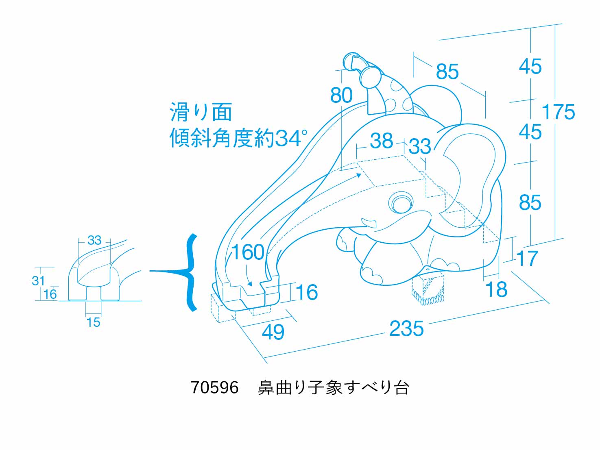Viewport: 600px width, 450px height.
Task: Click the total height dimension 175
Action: click(558, 112)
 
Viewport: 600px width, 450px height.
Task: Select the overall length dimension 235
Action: click(406, 328)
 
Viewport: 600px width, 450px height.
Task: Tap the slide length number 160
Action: click(248, 252)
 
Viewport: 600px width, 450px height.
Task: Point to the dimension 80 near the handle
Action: click(341, 96)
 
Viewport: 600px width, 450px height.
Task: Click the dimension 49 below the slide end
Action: click(273, 332)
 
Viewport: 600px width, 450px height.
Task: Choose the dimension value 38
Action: click(382, 141)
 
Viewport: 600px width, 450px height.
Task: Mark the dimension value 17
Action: click(527, 259)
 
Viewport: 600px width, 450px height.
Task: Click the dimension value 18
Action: click(496, 289)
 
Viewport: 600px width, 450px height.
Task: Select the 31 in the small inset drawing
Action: click(38, 280)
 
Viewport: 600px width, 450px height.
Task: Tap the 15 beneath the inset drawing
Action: click(93, 322)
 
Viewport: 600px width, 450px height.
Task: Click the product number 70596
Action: click(214, 387)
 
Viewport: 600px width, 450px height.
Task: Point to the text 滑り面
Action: click(201, 112)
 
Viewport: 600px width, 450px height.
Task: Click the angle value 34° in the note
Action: click(291, 138)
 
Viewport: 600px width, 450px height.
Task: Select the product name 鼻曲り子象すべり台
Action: click(333, 387)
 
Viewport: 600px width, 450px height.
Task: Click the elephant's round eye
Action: click(400, 202)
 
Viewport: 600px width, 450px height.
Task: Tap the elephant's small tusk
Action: click(369, 222)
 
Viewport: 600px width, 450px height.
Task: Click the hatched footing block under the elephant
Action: click(428, 291)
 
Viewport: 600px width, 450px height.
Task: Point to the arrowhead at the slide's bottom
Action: click(250, 284)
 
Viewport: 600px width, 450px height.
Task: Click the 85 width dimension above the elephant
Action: click(447, 72)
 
